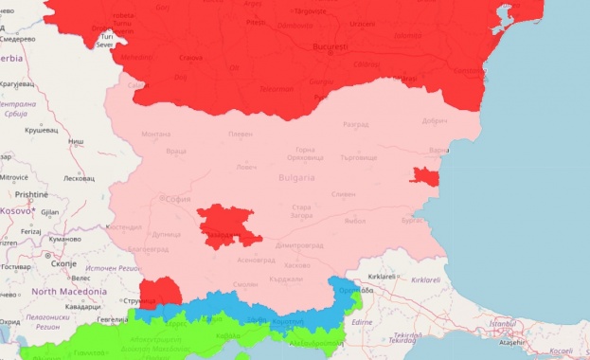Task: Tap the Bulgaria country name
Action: click(296, 177)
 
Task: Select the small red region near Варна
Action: click(424, 175)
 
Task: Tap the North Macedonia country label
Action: click(69, 292)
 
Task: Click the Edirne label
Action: click(361, 322)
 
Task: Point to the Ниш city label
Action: click(77, 142)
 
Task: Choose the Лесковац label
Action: click(79, 178)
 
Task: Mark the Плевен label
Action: click(241, 134)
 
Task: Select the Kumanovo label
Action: click(65, 240)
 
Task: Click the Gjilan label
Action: click(49, 212)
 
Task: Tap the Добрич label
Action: click(435, 121)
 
